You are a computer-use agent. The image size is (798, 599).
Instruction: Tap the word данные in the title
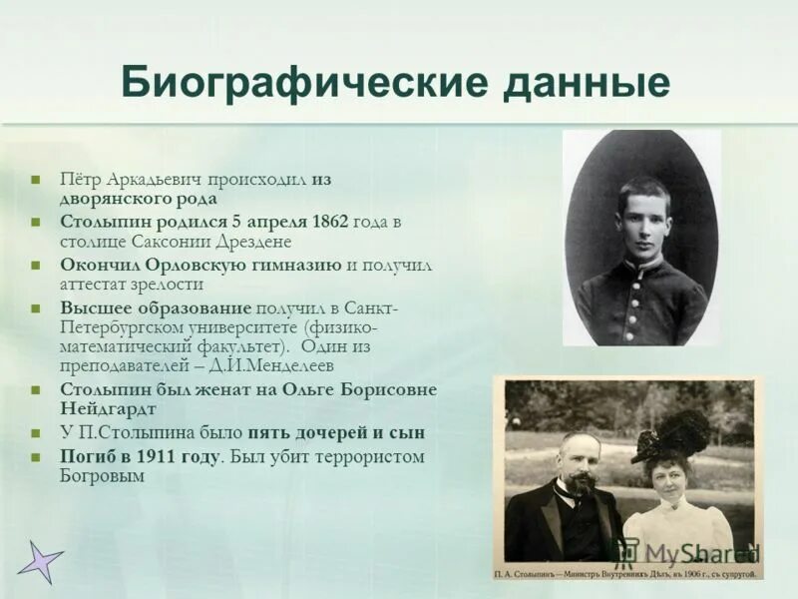(x=586, y=84)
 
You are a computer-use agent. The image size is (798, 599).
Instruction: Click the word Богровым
(x=102, y=476)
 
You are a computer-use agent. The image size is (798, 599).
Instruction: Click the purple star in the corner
(x=40, y=561)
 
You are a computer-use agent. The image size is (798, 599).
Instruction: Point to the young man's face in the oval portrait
(x=643, y=220)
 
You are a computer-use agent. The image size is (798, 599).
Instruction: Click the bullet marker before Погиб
(x=35, y=457)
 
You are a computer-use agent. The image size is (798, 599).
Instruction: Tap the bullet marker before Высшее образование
(x=35, y=308)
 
